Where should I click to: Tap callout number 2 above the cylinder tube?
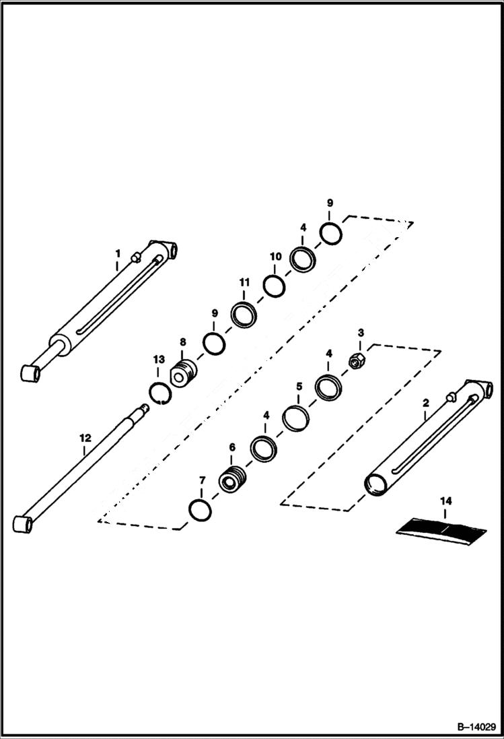[x=425, y=402]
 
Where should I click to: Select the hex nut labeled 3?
[x=357, y=362]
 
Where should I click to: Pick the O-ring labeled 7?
[x=201, y=511]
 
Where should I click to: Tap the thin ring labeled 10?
[x=274, y=286]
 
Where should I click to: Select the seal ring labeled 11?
[x=243, y=314]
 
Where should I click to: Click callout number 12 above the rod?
[x=85, y=438]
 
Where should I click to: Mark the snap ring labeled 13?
[x=159, y=392]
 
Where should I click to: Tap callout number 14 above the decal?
[x=445, y=501]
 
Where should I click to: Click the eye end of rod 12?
[x=23, y=523]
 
